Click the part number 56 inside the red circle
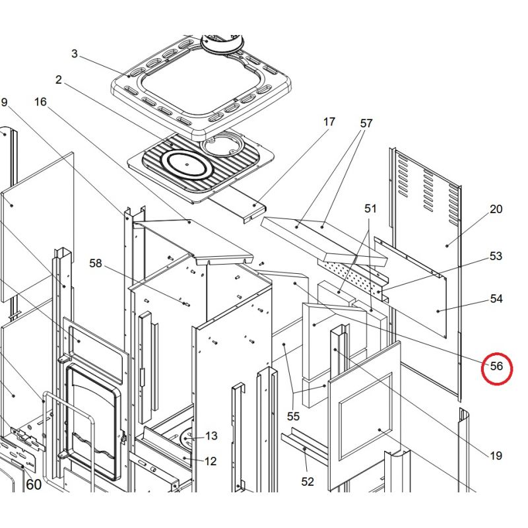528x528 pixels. [496, 366]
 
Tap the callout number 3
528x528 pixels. [75, 53]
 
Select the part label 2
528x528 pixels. [59, 80]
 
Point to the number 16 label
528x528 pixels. [40, 102]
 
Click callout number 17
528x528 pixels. [329, 121]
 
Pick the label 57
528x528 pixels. [366, 123]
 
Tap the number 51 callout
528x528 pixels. [370, 209]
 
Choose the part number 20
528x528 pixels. [496, 209]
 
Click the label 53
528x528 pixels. [496, 256]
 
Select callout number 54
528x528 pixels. [496, 299]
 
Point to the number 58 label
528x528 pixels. [96, 263]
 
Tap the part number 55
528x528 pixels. [293, 416]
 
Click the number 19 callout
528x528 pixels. [496, 455]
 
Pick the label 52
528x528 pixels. [308, 482]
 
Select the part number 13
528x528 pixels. [211, 436]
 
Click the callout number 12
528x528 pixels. [211, 461]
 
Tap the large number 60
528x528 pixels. [34, 484]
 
